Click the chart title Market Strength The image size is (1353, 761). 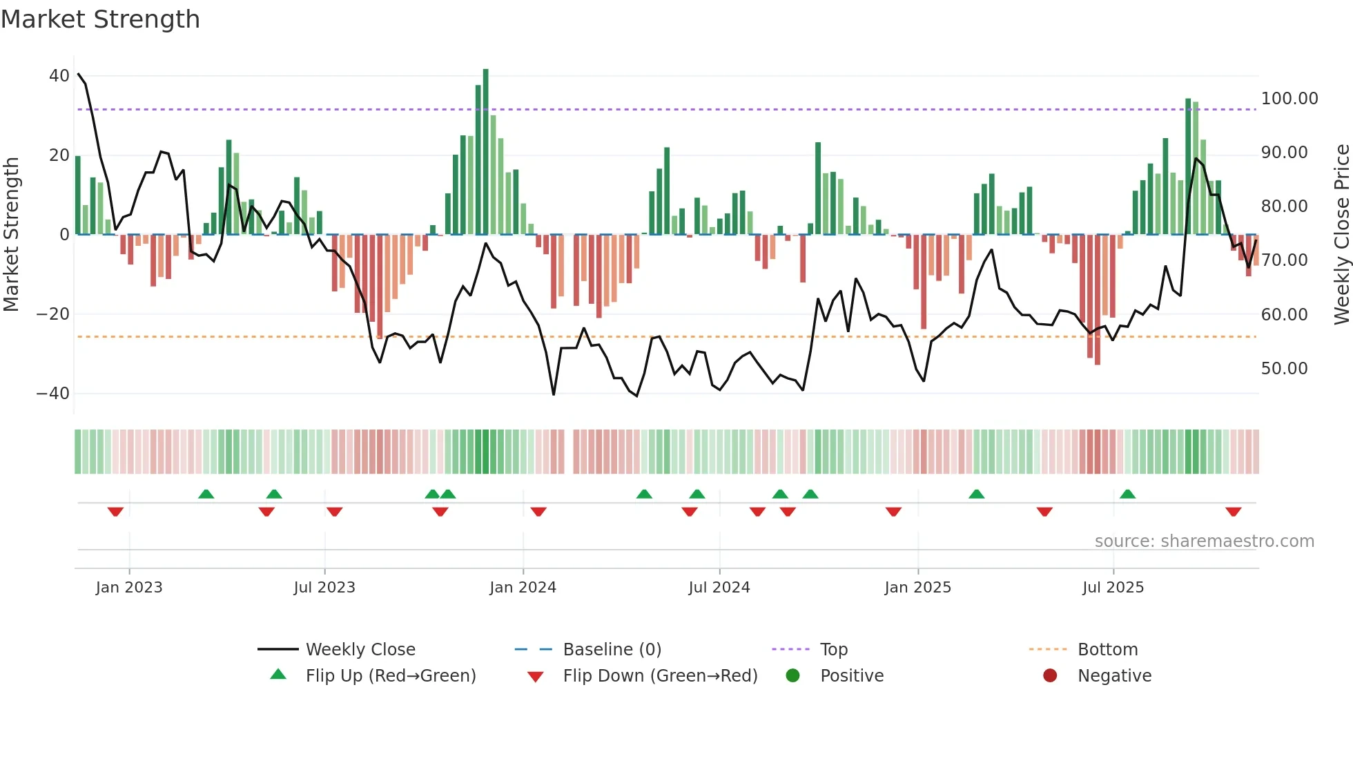[100, 19]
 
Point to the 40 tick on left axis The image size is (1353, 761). [59, 76]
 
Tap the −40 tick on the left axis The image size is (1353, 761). [53, 394]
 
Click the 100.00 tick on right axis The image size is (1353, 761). [1289, 99]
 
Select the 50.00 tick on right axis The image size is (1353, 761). [1284, 369]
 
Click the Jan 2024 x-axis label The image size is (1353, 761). [523, 588]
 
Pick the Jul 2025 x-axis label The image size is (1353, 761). [1113, 588]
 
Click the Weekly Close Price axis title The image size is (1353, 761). [1341, 235]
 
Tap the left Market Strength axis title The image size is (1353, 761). [12, 235]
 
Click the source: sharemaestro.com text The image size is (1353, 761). [1204, 541]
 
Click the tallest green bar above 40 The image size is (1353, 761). [486, 152]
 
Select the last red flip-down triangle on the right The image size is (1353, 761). [1234, 512]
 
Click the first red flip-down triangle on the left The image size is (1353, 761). [115, 512]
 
